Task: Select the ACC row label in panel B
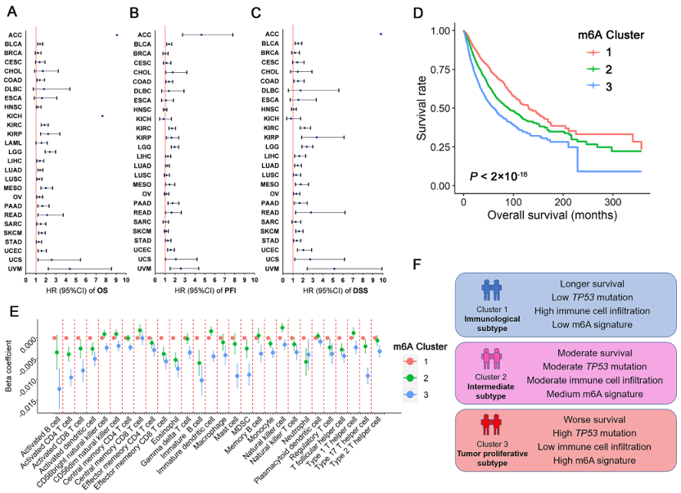[x=144, y=34]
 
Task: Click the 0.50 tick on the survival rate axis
[x=442, y=108]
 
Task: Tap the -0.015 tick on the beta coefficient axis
[x=28, y=401]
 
